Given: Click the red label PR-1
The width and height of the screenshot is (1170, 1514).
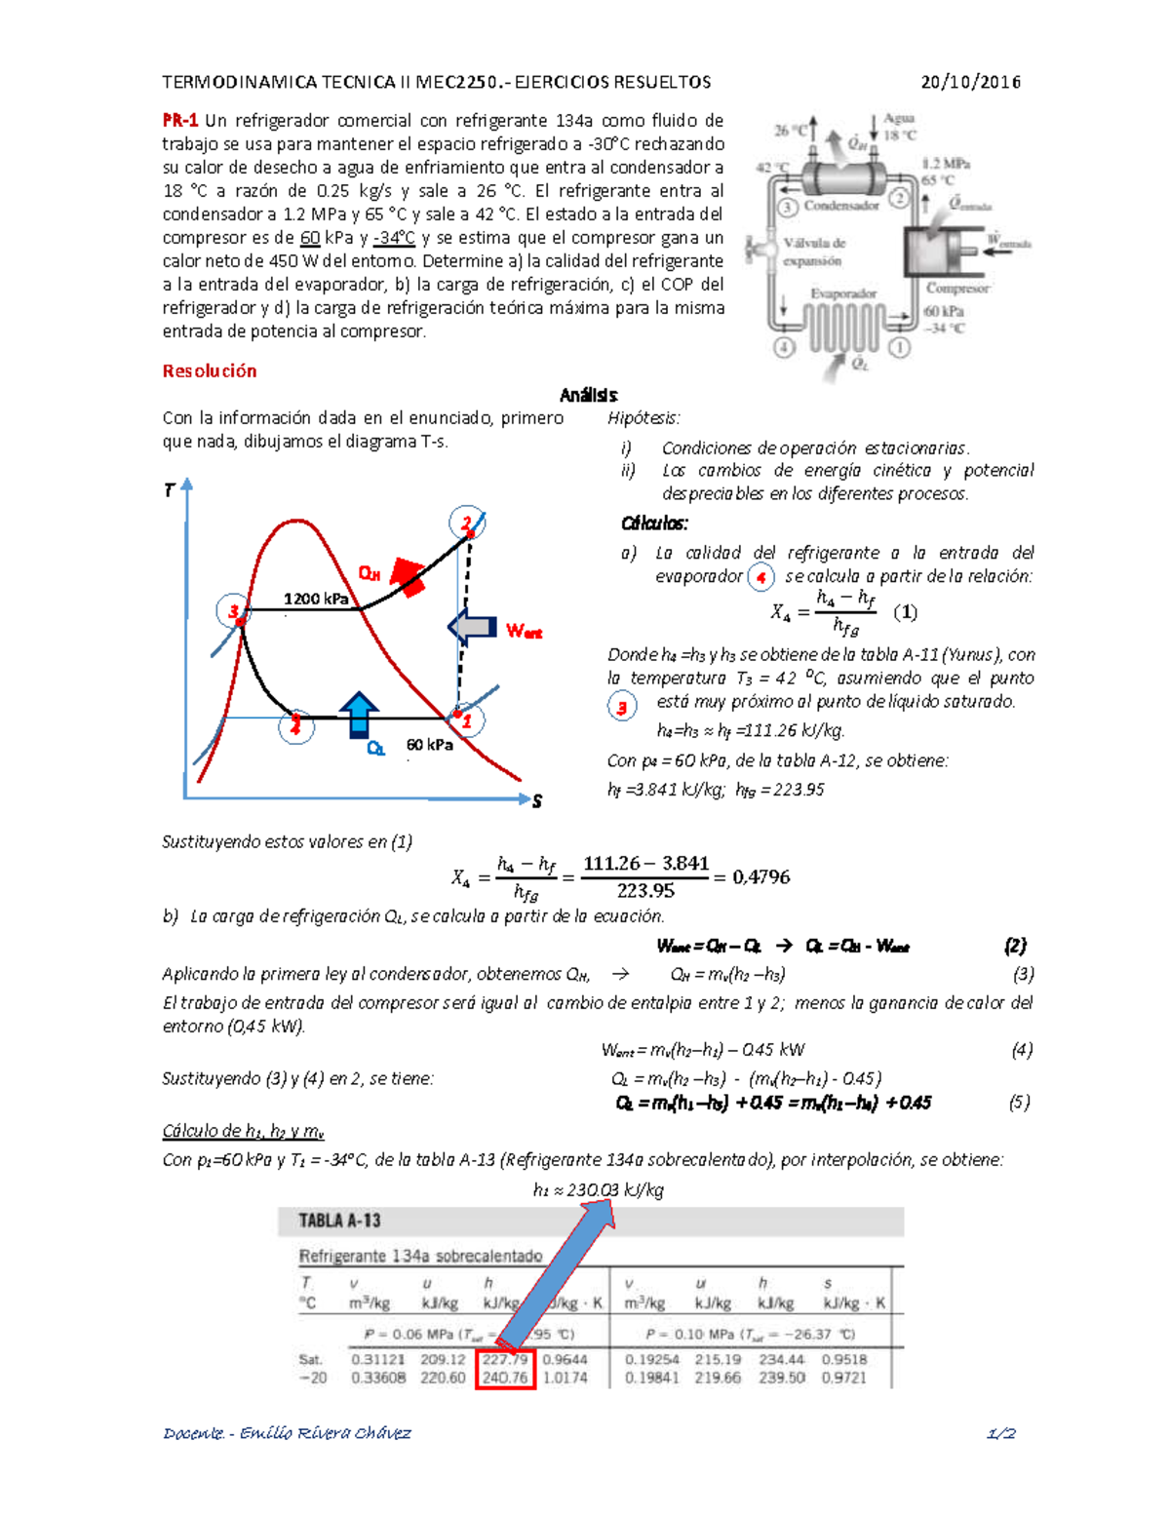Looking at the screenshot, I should tap(179, 121).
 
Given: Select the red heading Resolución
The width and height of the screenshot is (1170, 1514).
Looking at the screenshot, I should tap(210, 370).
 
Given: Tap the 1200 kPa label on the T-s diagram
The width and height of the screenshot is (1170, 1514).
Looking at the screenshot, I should tap(315, 599).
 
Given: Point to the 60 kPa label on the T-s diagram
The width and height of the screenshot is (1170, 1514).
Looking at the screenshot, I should tap(429, 745).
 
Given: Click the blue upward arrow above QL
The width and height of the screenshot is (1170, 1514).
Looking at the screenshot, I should tap(359, 714).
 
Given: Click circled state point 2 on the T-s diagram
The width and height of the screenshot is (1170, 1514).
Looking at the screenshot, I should tap(467, 523).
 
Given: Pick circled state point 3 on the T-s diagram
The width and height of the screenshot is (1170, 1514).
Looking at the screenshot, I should tap(233, 611).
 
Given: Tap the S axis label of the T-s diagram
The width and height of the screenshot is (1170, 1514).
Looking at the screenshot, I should tap(536, 801).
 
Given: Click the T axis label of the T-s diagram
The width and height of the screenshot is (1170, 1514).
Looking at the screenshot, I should tap(169, 490).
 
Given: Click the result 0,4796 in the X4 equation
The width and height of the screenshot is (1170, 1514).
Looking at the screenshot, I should tap(760, 876).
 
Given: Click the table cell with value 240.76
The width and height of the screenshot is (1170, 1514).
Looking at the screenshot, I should tap(505, 1378).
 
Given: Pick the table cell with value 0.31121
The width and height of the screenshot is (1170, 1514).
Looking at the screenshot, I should tap(377, 1359).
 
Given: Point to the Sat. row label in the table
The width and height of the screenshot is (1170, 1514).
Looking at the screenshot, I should tap(310, 1359).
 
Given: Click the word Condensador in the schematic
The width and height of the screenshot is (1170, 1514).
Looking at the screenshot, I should tap(840, 206).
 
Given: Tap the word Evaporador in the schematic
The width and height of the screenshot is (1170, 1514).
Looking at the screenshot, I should tap(843, 293).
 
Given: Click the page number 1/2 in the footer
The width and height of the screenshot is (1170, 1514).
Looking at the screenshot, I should tap(1001, 1433).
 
